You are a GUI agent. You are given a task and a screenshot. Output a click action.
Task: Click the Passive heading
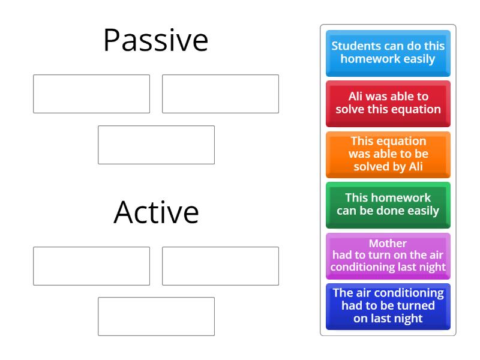[155, 41]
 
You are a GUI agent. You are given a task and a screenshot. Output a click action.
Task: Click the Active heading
[156, 212]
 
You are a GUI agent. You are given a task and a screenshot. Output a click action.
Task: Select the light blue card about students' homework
[388, 53]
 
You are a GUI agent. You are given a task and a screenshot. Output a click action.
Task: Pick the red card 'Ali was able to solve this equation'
[388, 103]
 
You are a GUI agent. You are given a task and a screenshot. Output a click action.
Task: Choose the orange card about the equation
[388, 154]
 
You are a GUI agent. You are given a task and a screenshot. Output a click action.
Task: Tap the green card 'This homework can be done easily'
[388, 205]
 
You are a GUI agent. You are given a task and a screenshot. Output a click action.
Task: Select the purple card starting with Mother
[388, 256]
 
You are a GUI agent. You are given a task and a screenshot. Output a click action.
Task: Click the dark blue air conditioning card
[388, 306]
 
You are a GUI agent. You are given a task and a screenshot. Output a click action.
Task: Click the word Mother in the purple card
[388, 244]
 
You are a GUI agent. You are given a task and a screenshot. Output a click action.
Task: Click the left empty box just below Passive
[91, 94]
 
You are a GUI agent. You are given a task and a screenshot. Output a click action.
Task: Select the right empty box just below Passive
[220, 94]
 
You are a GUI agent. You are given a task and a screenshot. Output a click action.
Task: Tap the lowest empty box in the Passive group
[156, 145]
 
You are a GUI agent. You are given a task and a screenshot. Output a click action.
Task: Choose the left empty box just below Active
[91, 266]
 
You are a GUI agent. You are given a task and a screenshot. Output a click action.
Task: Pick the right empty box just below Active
[220, 266]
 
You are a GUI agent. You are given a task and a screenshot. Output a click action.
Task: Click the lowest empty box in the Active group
[156, 316]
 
